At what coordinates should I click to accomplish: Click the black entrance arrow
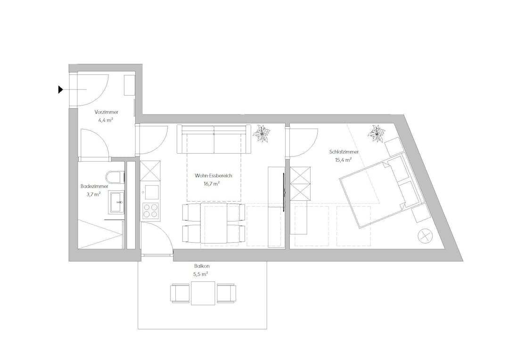[60, 89]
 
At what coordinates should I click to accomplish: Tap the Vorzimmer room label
[107, 112]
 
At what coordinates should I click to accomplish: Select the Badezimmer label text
[94, 187]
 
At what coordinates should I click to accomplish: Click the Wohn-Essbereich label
[213, 176]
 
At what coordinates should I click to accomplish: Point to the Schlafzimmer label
[344, 152]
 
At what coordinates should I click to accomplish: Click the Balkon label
[201, 266]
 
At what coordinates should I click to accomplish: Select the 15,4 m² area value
[344, 160]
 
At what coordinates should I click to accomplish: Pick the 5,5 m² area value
[201, 274]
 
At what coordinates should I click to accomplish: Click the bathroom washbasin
[117, 202]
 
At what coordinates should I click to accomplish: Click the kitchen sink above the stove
[151, 193]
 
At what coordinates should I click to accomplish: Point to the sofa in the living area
[214, 139]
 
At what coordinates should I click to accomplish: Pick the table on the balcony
[203, 293]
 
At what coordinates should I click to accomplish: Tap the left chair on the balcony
[180, 293]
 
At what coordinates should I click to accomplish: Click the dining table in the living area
[214, 223]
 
